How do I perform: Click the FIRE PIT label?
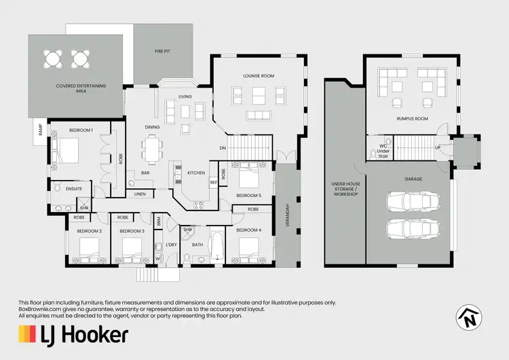click(x=162, y=51)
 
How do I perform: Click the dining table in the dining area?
click(x=153, y=147)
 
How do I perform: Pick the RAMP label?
click(x=41, y=130)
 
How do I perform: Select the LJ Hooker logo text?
click(x=73, y=334)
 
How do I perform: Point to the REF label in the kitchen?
click(x=213, y=182)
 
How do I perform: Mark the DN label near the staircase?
click(x=222, y=148)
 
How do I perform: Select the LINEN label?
click(x=139, y=194)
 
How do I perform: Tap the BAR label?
click(x=145, y=173)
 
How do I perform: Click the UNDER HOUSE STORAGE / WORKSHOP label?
click(x=344, y=189)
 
